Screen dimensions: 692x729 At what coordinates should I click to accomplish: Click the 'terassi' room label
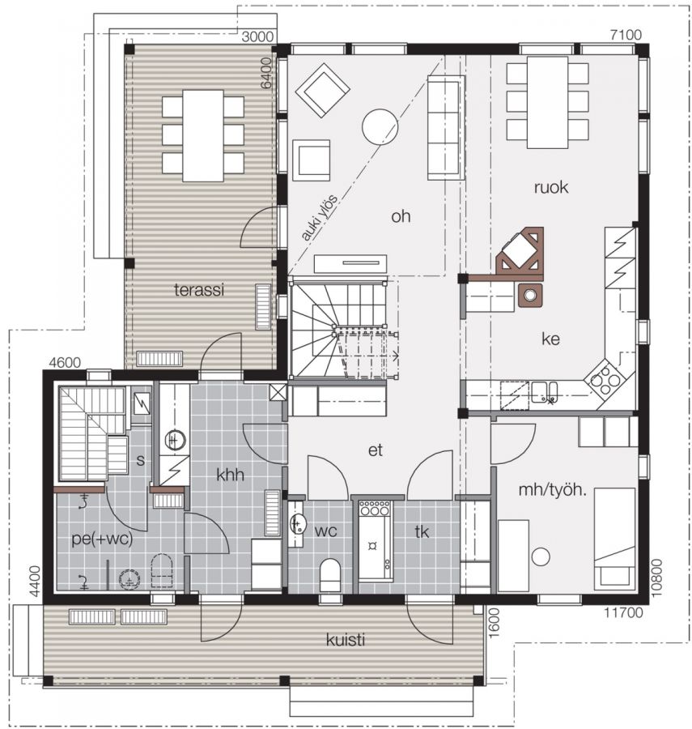point(199,290)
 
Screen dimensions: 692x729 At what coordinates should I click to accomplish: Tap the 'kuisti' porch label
point(345,640)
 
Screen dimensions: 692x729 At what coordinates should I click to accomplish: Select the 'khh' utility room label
point(231,475)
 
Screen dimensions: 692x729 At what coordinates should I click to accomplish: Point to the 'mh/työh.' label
point(552,490)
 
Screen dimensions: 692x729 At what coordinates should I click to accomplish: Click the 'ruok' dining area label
point(551,187)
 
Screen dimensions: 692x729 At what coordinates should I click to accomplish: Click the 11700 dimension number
point(623,613)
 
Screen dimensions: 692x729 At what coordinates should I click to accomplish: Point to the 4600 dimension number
point(65,362)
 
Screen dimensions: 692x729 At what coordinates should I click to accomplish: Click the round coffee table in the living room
point(380,127)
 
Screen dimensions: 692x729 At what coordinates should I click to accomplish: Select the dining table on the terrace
point(203,135)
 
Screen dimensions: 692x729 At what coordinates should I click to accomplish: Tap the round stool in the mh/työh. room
point(541,556)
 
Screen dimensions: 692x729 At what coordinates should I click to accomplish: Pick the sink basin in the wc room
point(298,524)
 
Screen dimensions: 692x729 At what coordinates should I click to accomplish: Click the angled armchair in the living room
point(322,89)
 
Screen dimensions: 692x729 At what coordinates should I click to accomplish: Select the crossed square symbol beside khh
point(278,392)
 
